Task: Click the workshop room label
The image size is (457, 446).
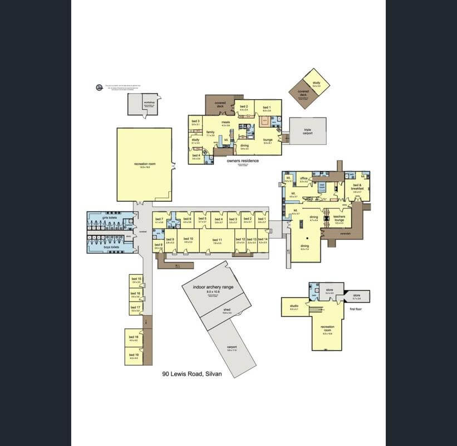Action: pos(148,103)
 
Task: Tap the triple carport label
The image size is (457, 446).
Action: pos(307,130)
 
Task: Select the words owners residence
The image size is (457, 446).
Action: pos(243,161)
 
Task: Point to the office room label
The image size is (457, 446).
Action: pos(304,178)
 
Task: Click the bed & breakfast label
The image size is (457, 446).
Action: pos(357,187)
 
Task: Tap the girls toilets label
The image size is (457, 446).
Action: pos(108,218)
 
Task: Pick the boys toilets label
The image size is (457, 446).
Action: pos(111,247)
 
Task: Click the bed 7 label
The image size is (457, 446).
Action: pos(159,219)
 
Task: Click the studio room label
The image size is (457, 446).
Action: pos(294,306)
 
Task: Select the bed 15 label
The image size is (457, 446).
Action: pos(135,278)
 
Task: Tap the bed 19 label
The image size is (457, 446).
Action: pos(134,355)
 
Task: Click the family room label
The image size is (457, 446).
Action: pos(210,132)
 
